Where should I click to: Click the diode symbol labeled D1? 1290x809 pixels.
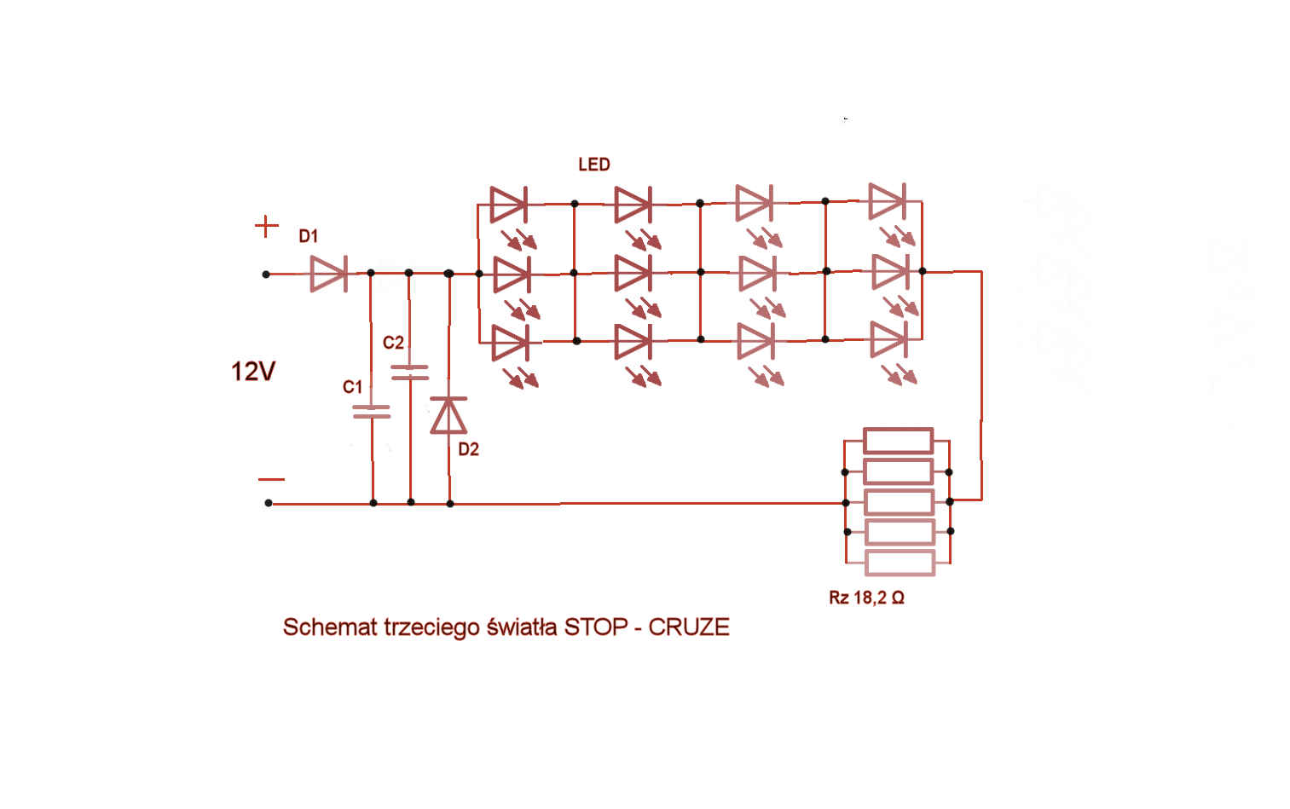click(x=329, y=274)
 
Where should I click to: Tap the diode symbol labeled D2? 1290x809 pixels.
click(x=448, y=414)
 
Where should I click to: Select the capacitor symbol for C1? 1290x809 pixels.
click(x=372, y=411)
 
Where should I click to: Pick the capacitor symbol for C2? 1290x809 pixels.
click(x=409, y=373)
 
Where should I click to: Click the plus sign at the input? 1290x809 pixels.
click(x=266, y=226)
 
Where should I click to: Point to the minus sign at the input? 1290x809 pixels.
click(x=271, y=479)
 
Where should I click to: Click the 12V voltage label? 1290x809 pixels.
click(x=253, y=372)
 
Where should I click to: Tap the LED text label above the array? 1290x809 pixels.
click(x=593, y=165)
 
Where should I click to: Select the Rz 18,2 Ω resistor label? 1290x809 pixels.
click(x=866, y=598)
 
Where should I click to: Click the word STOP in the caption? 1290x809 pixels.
click(x=596, y=627)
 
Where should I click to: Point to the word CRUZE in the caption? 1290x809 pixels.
click(x=689, y=627)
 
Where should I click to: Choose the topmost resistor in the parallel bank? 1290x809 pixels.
click(x=898, y=441)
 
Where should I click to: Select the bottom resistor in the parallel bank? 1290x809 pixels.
click(x=900, y=563)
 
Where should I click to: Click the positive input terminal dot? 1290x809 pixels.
click(x=266, y=274)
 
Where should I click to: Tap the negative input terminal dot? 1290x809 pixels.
click(x=269, y=503)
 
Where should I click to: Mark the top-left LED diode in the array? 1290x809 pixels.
click(x=508, y=205)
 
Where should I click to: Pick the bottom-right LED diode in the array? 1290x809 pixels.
click(x=888, y=339)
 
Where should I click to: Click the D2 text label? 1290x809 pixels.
click(x=468, y=450)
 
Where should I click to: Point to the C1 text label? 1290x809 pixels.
click(x=352, y=387)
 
